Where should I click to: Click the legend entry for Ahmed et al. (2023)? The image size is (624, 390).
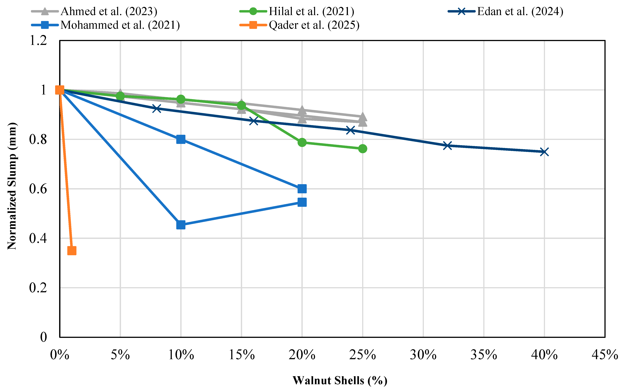click(x=94, y=11)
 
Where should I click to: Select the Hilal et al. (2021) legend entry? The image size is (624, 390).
click(x=297, y=11)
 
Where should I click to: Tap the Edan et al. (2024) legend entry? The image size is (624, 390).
click(x=505, y=11)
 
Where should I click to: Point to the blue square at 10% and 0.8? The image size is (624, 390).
click(x=181, y=139)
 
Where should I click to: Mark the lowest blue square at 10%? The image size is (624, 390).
click(x=181, y=225)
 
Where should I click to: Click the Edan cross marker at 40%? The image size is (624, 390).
click(x=544, y=152)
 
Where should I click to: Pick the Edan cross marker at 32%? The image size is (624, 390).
click(x=448, y=146)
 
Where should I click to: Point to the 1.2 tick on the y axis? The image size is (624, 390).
click(x=38, y=40)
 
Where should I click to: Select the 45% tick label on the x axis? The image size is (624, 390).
click(x=605, y=355)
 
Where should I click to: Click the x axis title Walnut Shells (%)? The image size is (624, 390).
click(x=340, y=381)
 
